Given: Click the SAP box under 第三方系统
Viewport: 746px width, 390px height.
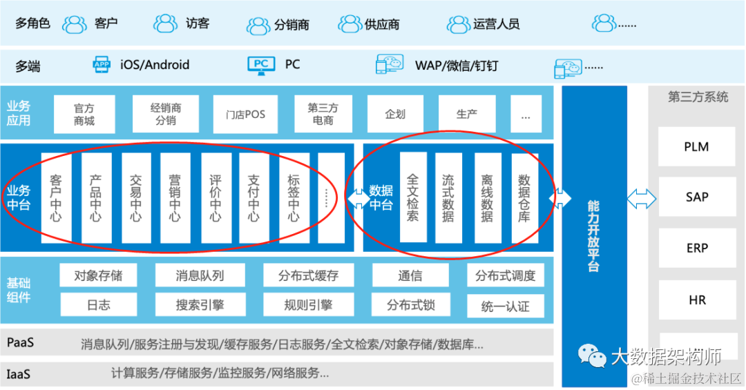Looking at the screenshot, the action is point(696,197).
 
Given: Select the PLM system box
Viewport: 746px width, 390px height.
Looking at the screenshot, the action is point(696,147).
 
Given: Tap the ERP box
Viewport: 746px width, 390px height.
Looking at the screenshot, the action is point(696,248).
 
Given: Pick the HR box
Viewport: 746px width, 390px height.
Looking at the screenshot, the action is point(696,300).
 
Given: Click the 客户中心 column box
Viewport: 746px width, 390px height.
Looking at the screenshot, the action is point(57,198).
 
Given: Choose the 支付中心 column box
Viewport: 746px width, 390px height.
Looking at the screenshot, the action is point(254,198).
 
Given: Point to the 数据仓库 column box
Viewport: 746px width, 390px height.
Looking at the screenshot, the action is point(525,198).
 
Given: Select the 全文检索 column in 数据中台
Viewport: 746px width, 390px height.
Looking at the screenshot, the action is point(413,198).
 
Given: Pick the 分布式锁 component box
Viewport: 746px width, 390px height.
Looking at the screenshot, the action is point(410,305).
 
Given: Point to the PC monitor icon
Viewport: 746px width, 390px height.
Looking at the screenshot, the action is point(261,65).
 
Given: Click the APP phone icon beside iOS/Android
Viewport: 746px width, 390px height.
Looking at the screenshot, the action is point(102,65).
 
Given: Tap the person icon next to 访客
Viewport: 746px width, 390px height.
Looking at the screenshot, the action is point(166,23).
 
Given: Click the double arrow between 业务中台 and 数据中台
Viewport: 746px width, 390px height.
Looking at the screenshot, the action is point(358,199).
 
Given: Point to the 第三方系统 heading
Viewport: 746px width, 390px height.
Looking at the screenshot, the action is point(698,97).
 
